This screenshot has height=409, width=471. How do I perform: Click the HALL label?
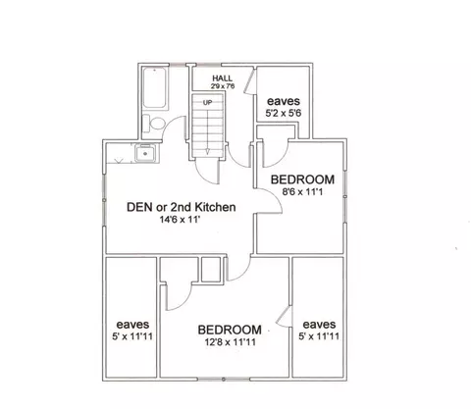[223, 78]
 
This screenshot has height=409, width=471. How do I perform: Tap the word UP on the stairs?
[207, 103]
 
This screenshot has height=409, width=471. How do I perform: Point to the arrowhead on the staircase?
[207, 151]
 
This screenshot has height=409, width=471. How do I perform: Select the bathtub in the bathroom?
[154, 88]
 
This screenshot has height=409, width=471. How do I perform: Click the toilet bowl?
[157, 124]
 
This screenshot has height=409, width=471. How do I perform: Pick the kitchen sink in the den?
[145, 153]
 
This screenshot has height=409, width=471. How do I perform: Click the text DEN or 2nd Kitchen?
[182, 207]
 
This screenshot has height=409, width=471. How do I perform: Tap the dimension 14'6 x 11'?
[180, 220]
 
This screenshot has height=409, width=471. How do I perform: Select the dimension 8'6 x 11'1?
[302, 191]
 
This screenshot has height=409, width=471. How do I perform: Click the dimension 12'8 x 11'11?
[231, 342]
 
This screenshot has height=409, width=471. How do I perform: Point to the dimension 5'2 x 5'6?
[284, 113]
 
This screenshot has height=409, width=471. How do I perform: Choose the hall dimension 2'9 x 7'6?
[223, 86]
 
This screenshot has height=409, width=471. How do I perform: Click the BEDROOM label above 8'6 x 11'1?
[302, 179]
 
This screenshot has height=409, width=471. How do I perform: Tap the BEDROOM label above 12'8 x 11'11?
[230, 330]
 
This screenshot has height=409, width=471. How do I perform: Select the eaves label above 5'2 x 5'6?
[284, 101]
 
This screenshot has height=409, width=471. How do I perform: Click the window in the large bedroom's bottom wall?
[224, 380]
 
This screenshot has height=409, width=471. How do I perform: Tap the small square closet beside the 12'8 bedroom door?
[210, 269]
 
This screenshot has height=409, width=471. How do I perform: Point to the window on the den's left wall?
[104, 200]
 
